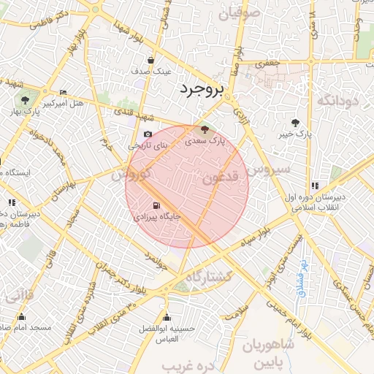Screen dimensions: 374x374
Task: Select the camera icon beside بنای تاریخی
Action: pos(148,134)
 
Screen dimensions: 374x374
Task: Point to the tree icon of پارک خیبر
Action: pos(294,123)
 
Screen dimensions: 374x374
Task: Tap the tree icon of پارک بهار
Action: pos(25,99)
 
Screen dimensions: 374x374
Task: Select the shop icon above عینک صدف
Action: pos(150,60)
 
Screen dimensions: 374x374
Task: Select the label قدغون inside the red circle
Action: pos(219,178)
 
